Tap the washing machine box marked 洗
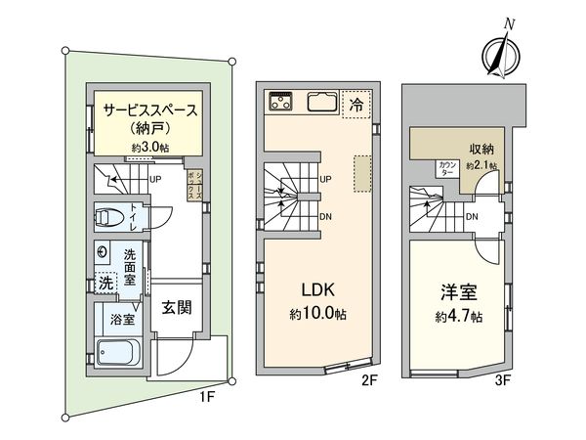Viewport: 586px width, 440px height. coord(104,283)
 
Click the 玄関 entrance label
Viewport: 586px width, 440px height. coord(177,307)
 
